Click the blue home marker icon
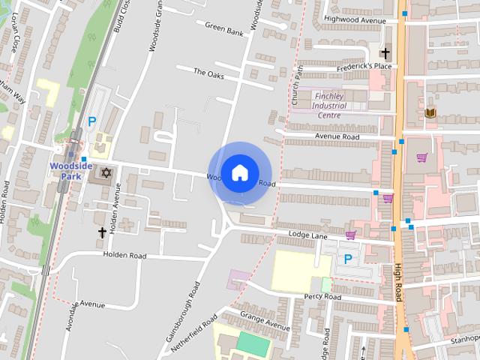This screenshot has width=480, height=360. point(239,172)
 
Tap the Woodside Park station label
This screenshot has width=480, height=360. point(70,171)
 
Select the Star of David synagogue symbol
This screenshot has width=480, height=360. point(106,173)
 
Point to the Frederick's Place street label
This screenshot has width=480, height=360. point(363,66)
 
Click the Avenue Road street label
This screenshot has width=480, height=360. point(337,136)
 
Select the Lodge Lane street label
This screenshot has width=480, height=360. point(308,235)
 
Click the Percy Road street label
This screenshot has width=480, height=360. point(322,297)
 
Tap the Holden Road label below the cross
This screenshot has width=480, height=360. point(125,255)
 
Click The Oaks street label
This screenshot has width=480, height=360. point(208,73)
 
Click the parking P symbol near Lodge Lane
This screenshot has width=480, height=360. point(348,258)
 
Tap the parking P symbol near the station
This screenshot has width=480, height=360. point(92,121)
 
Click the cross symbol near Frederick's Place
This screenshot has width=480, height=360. point(385,53)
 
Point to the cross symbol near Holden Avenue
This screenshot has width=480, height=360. point(102,232)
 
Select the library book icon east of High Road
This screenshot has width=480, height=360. point(430,113)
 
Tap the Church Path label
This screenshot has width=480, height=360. point(296,85)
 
